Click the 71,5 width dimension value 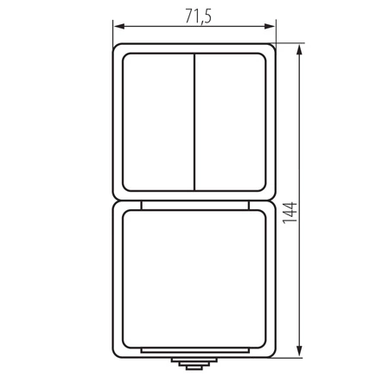(x=198, y=16)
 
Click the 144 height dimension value (x=290, y=213)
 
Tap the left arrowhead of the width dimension (x=119, y=27)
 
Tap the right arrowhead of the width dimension (x=270, y=27)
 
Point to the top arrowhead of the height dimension (x=300, y=50)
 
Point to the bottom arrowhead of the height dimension (x=300, y=351)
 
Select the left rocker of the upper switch (x=158, y=122)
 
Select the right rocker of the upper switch (x=230, y=122)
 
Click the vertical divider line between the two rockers (x=194, y=122)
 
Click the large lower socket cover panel (x=194, y=279)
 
